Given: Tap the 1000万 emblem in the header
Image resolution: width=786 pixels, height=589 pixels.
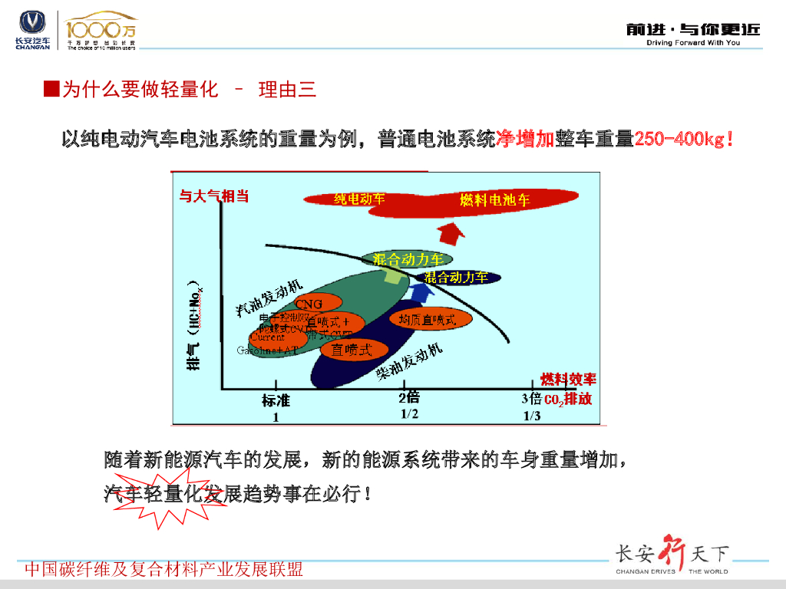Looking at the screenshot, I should click(101, 31).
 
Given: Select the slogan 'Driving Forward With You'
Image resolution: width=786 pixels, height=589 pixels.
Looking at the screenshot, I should click(693, 43).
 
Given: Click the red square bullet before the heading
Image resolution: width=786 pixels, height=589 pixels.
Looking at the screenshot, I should click(51, 90).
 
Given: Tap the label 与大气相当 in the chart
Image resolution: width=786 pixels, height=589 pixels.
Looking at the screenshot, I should click(214, 196).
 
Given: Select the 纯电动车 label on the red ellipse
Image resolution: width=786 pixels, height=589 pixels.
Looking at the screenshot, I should click(358, 199).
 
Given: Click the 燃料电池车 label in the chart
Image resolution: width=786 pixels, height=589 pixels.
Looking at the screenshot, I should click(495, 200).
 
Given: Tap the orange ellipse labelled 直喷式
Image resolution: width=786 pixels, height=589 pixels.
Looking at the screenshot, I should click(352, 350).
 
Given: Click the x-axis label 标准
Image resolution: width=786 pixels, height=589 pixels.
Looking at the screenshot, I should click(276, 400).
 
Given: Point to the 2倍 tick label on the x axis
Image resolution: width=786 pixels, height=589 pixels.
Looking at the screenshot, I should click(409, 397).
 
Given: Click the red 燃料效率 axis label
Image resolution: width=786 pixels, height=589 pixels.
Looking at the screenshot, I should click(568, 379).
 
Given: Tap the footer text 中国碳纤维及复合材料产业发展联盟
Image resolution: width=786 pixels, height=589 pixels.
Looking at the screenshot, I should click(164, 569).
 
